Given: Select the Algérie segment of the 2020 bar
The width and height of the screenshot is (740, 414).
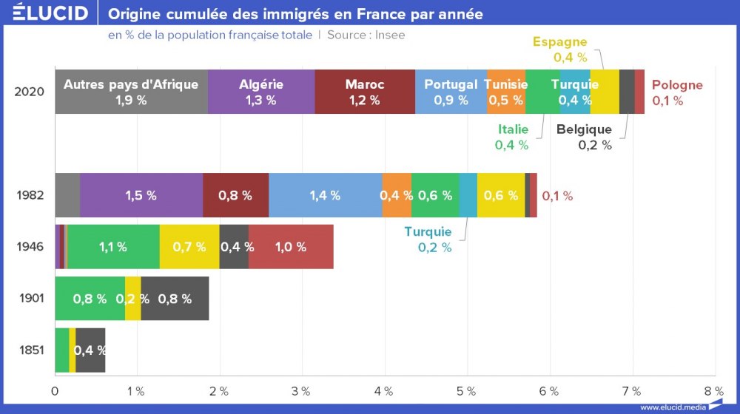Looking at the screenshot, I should pyautogui.click(x=261, y=92).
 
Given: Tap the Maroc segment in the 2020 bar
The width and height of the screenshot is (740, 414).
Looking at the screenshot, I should pyautogui.click(x=365, y=92).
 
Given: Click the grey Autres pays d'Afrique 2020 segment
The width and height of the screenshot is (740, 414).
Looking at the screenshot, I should pyautogui.click(x=131, y=92).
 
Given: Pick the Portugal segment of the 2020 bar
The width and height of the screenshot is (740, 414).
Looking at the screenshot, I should pyautogui.click(x=451, y=92).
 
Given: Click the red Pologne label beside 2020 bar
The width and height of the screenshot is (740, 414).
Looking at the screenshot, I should pyautogui.click(x=677, y=92).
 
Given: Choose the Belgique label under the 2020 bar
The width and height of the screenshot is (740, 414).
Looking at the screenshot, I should pyautogui.click(x=585, y=137).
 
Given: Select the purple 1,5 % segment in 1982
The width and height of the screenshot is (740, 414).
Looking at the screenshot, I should pyautogui.click(x=141, y=196).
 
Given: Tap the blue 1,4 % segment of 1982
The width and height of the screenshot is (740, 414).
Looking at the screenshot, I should pyautogui.click(x=326, y=196).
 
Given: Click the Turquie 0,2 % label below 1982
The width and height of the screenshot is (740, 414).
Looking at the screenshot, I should pyautogui.click(x=428, y=240).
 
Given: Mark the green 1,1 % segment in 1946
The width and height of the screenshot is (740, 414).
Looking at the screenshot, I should pyautogui.click(x=112, y=247).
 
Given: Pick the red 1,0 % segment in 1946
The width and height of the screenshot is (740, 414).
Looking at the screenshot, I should pyautogui.click(x=291, y=247).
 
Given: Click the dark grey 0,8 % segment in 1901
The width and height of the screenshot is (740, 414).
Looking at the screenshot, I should pyautogui.click(x=175, y=299).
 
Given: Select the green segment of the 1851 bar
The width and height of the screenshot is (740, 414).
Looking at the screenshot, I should pyautogui.click(x=61, y=350).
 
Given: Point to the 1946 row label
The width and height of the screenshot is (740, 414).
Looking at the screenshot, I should pyautogui.click(x=30, y=247).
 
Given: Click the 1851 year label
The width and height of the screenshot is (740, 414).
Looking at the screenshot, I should pyautogui.click(x=30, y=350).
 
